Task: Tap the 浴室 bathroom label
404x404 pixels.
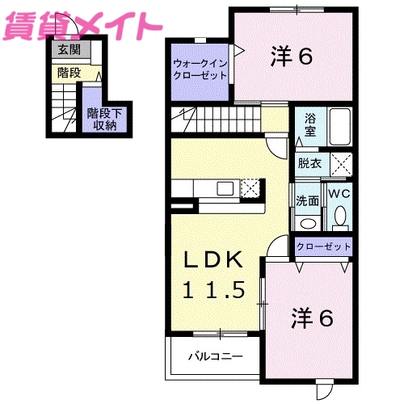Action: [x=310, y=125]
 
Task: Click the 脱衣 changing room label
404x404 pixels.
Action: [x=309, y=162]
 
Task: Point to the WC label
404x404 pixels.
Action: [x=339, y=194]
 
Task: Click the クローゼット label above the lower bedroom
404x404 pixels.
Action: [x=323, y=246]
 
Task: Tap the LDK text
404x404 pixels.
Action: [x=213, y=261]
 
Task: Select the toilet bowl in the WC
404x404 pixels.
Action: [x=340, y=216]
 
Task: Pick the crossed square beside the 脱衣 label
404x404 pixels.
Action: [x=342, y=163]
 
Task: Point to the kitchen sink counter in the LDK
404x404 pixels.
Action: [x=212, y=189]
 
